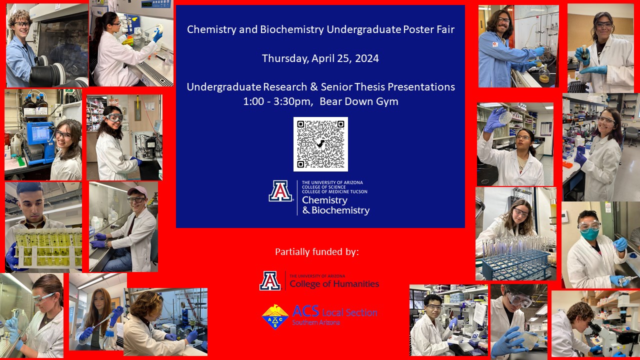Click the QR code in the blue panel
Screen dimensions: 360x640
click(320, 144)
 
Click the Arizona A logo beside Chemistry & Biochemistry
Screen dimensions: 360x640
click(280, 191)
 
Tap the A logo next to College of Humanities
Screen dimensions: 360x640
click(270, 281)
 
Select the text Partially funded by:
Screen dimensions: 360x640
click(317, 251)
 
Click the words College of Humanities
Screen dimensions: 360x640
click(334, 284)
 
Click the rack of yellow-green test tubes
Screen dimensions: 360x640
click(47, 247)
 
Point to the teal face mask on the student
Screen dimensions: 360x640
click(590, 234)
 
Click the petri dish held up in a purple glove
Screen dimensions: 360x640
click(505, 117)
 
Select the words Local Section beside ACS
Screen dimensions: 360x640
click(349, 312)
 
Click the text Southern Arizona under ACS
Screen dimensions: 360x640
click(315, 323)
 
